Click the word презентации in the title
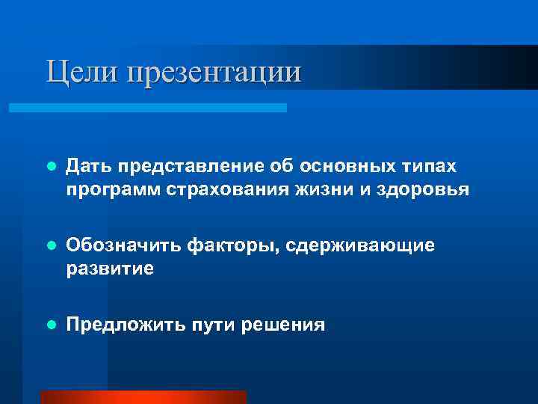215,73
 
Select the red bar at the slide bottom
143,397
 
